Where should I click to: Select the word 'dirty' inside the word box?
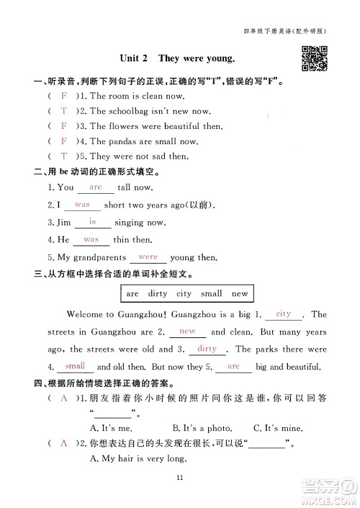click(x=158, y=294)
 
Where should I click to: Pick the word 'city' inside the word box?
click(x=184, y=294)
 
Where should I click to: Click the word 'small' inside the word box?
click(x=212, y=294)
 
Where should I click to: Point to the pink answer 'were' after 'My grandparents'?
click(x=148, y=257)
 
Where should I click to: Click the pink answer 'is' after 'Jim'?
click(x=93, y=222)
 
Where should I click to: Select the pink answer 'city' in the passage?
click(x=283, y=313)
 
